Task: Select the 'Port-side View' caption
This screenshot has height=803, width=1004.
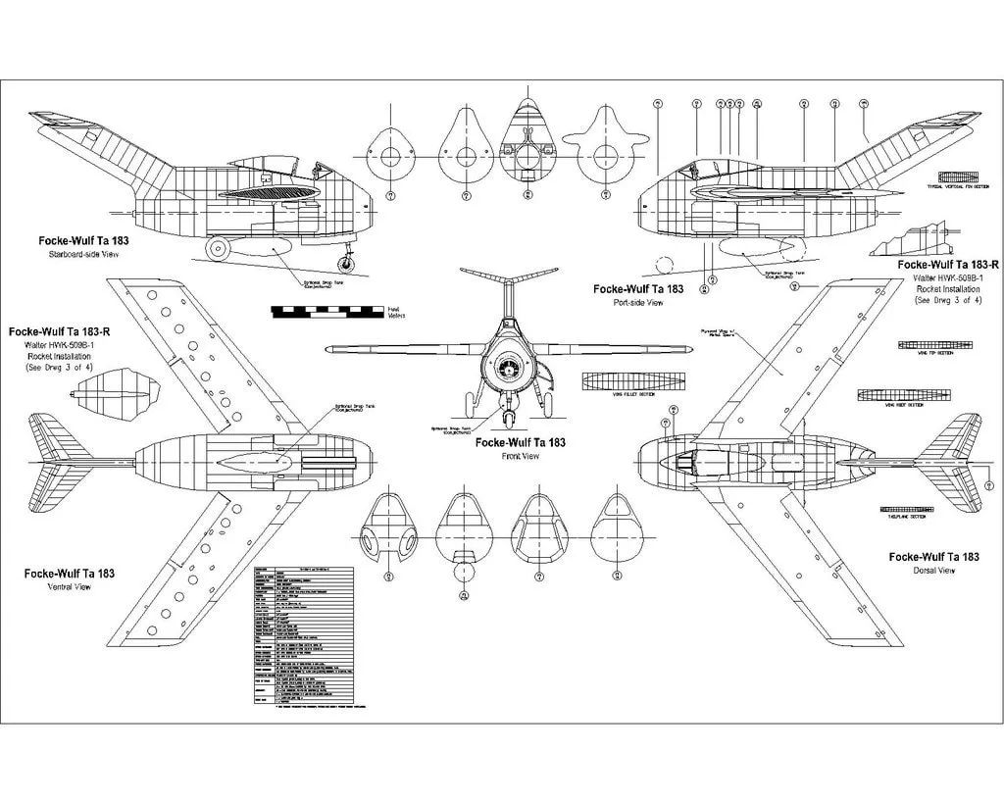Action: coord(638,303)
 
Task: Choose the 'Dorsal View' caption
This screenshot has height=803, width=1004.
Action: coord(932,570)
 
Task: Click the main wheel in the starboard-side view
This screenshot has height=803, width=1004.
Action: coord(220,251)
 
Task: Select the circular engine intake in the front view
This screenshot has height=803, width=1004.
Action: coord(506,369)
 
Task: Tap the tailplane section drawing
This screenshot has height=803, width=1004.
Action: coord(912,511)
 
